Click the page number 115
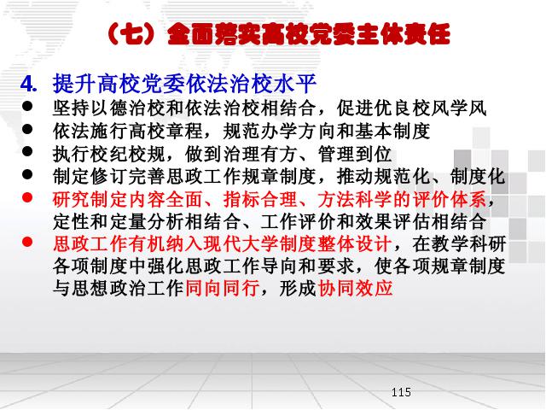[401, 392]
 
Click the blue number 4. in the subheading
[29, 84]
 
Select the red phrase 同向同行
[223, 289]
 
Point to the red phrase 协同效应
[356, 289]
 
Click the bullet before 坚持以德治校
[27, 106]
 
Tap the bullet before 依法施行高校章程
[27, 129]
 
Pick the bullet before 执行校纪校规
[27, 151]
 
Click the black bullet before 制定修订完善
[27, 174]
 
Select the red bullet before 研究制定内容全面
[27, 197]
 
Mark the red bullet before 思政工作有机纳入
[27, 242]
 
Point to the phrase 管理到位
[355, 154]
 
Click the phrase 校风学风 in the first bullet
[449, 108]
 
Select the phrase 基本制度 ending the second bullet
[392, 131]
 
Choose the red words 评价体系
[450, 199]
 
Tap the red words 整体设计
[355, 243]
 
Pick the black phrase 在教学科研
[459, 243]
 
